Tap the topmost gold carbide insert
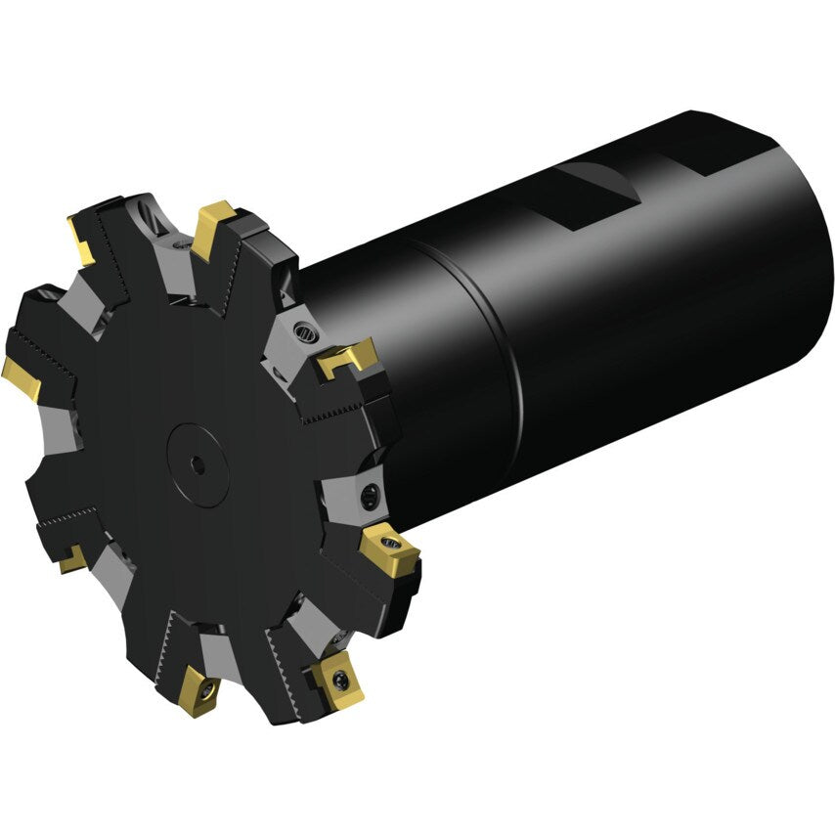[214, 226]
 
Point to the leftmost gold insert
[22, 377]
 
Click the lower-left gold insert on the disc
[71, 560]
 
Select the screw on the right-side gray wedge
[372, 496]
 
